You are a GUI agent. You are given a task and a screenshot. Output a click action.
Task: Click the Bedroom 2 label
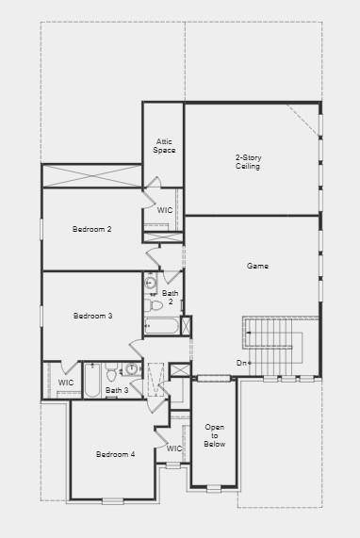click(x=92, y=229)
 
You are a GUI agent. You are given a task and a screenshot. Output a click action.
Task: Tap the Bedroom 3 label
click(x=92, y=316)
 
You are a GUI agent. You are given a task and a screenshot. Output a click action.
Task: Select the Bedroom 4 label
click(x=115, y=454)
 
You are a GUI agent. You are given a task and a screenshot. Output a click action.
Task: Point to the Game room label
click(x=257, y=267)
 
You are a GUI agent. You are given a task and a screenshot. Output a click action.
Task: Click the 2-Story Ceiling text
click(x=248, y=161)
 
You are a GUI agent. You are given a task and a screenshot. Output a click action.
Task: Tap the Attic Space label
click(x=164, y=146)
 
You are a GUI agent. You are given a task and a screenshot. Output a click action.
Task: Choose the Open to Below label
click(x=215, y=436)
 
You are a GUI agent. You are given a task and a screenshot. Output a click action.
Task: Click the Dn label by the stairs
click(x=243, y=363)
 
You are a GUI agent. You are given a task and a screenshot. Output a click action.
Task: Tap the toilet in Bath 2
click(x=155, y=304)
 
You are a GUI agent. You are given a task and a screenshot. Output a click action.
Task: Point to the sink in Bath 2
click(x=151, y=283)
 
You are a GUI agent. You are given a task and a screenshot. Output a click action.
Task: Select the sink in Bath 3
click(x=132, y=369)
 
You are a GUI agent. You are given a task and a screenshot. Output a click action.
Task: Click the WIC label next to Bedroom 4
click(x=174, y=448)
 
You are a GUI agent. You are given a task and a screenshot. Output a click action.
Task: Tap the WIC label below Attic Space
click(x=165, y=210)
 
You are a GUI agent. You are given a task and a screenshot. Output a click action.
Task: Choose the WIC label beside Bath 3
click(x=65, y=383)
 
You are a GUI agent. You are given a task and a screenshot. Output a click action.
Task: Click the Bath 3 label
click(x=117, y=390)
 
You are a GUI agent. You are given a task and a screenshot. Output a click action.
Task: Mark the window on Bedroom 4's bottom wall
click(x=114, y=500)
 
